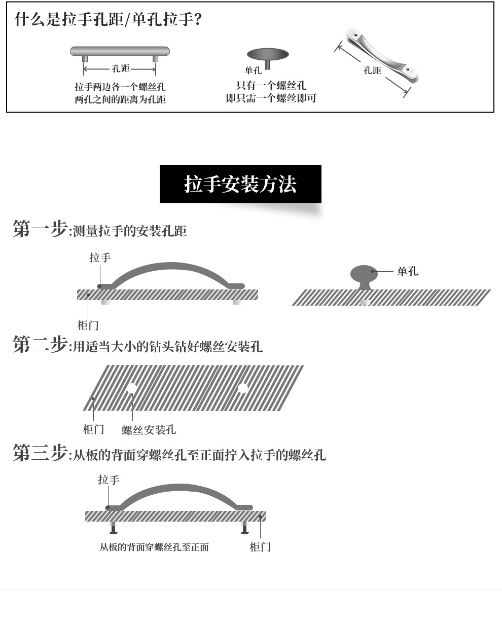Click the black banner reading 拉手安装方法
tap(240, 184)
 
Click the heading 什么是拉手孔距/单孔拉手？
tap(108, 20)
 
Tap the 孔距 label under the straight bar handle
tap(120, 69)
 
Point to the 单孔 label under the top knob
tap(253, 71)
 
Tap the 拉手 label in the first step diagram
tap(100, 258)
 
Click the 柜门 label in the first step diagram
tap(88, 325)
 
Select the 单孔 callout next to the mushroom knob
tap(408, 272)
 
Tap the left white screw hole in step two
tap(132, 388)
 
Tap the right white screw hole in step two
tap(243, 388)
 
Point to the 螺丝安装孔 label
tap(149, 430)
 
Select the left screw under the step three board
tap(113, 528)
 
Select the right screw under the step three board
tap(244, 528)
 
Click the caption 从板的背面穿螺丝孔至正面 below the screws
tap(154, 547)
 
